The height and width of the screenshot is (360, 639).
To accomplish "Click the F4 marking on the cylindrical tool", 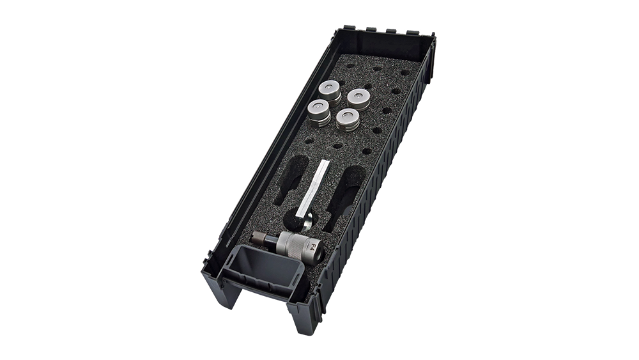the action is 313,246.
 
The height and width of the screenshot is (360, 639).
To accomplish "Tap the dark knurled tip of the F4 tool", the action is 259,237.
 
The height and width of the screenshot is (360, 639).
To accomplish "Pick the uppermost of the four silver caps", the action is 329,92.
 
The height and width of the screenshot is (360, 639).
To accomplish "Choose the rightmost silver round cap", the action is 358,100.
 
